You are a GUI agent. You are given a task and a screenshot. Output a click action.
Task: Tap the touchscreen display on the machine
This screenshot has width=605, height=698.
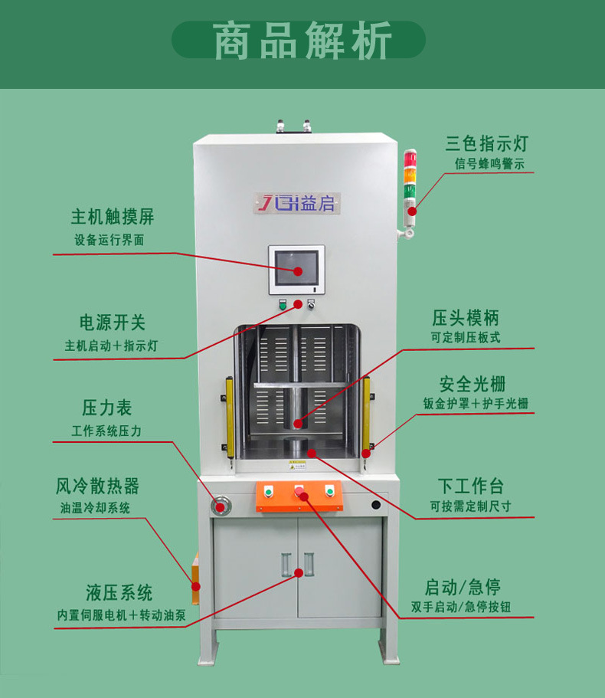tap(296, 267)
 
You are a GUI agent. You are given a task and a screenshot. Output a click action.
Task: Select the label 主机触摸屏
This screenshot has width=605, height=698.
tap(113, 215)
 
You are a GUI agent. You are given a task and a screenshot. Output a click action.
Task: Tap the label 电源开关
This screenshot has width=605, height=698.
tap(112, 323)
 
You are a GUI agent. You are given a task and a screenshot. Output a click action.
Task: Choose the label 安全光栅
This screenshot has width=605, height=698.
tap(473, 383)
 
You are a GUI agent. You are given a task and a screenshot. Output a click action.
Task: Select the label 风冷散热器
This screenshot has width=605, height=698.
tap(97, 486)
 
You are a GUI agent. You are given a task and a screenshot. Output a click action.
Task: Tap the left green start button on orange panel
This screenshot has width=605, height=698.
tap(268, 491)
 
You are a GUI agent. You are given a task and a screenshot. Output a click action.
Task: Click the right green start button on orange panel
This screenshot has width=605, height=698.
tap(330, 490)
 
